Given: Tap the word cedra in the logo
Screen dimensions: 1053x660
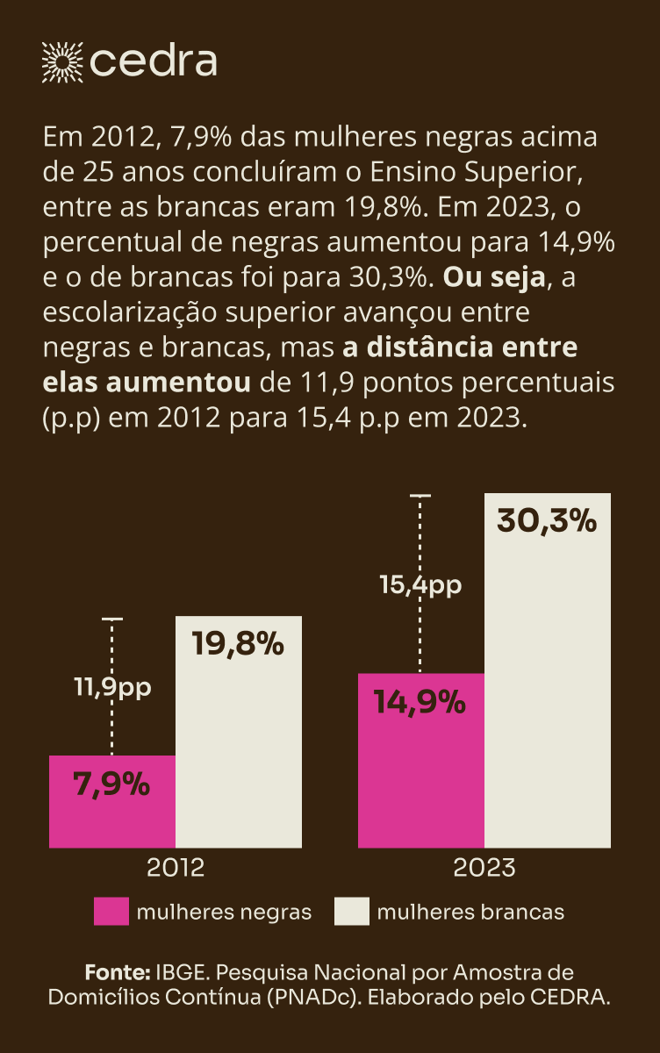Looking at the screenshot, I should pyautogui.click(x=154, y=61).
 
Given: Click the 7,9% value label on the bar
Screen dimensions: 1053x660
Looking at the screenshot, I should pyautogui.click(x=112, y=784).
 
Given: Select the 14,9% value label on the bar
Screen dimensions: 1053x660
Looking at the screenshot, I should pyautogui.click(x=420, y=702).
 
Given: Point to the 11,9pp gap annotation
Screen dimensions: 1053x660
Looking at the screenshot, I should pyautogui.click(x=112, y=687).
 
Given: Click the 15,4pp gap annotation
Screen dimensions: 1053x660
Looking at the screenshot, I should pyautogui.click(x=420, y=585).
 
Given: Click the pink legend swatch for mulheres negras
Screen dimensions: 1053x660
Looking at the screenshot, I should pyautogui.click(x=111, y=912).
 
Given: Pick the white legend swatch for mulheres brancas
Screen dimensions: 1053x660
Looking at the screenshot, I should pyautogui.click(x=351, y=912).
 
